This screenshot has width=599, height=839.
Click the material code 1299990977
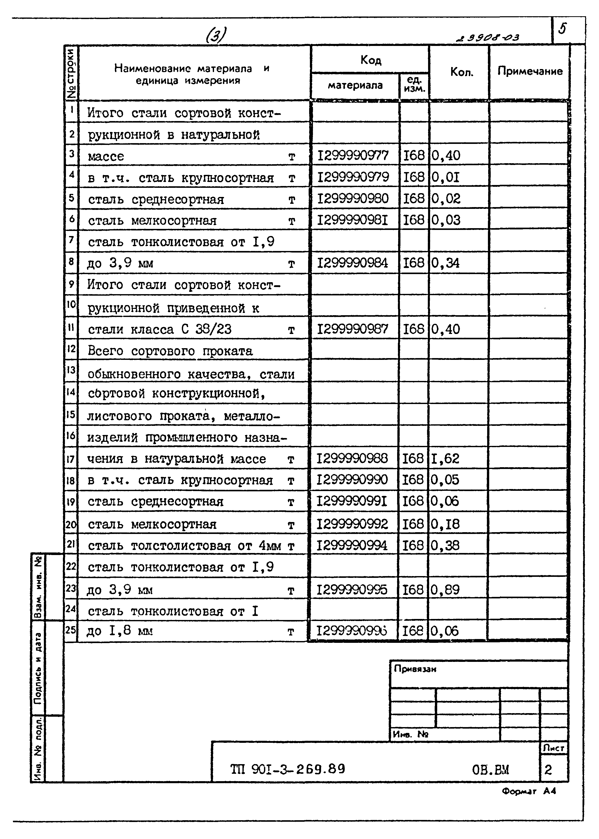(353, 155)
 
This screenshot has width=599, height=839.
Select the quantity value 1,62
(445, 458)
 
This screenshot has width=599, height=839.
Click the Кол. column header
(461, 72)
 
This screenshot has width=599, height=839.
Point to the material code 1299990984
(353, 263)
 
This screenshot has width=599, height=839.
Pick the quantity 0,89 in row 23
(445, 590)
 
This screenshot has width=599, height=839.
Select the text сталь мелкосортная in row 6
(152, 221)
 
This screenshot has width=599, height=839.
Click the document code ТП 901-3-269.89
(288, 769)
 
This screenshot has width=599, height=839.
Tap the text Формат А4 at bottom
(528, 791)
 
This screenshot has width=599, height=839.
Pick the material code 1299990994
(352, 546)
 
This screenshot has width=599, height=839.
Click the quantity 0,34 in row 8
(445, 263)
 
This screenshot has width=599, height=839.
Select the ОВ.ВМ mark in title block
(490, 770)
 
